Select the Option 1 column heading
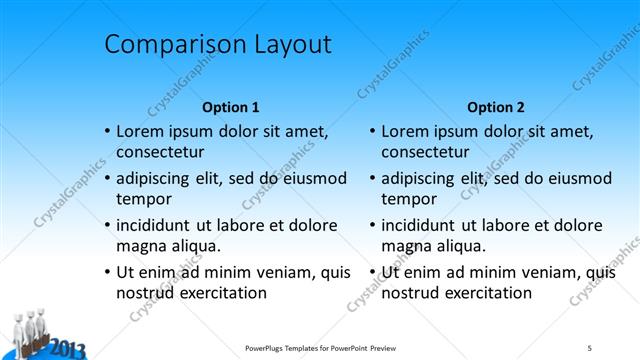coord(231,107)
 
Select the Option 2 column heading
coord(495,107)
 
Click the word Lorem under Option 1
coord(141,131)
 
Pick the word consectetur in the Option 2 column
coord(425,153)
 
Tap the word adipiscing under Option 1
coord(157,179)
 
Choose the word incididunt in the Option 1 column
coord(160,225)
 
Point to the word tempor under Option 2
coord(409,199)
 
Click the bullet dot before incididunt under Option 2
coord(373,226)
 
